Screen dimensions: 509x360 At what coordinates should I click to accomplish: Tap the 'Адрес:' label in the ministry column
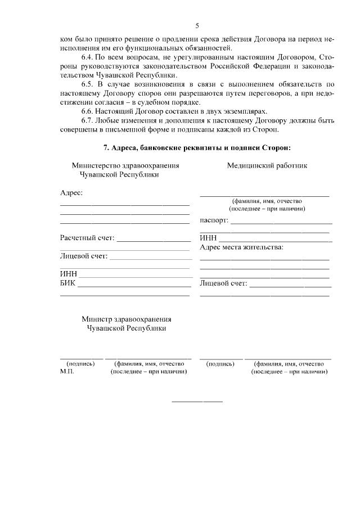coord(71,193)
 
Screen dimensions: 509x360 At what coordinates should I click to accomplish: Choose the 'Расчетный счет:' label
coord(87,238)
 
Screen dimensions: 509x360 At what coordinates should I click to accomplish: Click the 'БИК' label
coord(67,283)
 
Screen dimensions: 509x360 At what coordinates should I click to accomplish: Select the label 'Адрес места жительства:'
coord(242,247)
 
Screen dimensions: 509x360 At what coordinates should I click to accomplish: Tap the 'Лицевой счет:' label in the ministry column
coord(83,256)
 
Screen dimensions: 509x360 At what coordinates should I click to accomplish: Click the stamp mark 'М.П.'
coord(67,372)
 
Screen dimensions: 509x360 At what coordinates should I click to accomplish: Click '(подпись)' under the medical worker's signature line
coord(221,364)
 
